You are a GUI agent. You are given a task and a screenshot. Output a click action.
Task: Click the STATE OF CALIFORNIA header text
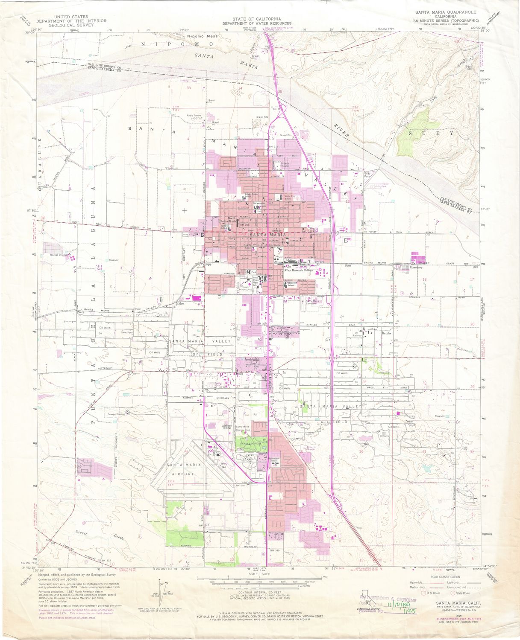(256, 19)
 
